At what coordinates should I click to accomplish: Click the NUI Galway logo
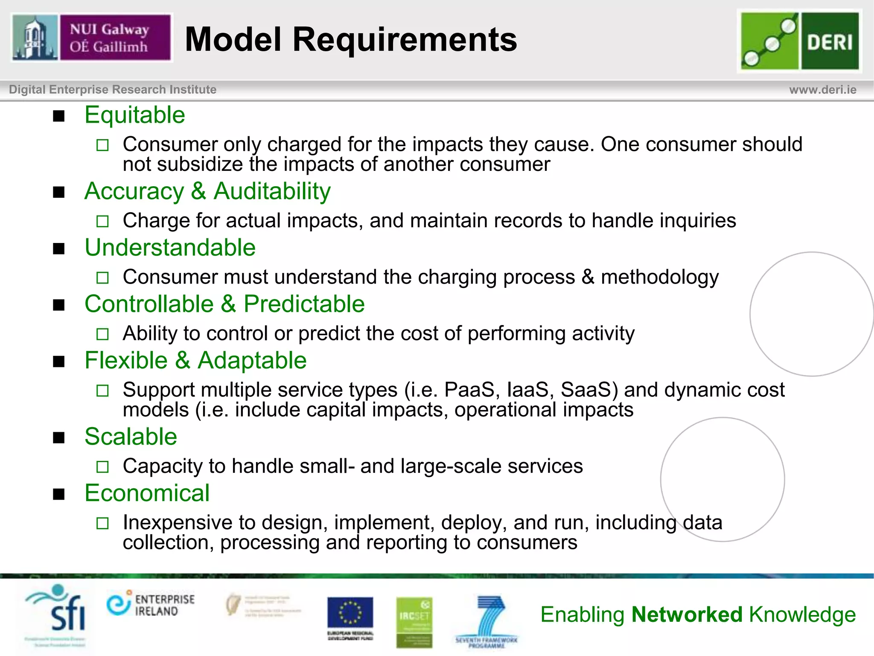tap(92, 38)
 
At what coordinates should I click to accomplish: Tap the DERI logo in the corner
tap(800, 41)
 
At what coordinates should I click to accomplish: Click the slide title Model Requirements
tap(351, 39)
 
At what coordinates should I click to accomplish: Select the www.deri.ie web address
tap(822, 90)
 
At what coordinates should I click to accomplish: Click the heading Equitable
tap(135, 115)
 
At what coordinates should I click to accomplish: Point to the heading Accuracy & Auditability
tap(207, 191)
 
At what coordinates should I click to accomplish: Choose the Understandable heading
tap(170, 248)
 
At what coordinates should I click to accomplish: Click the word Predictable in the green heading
tap(304, 304)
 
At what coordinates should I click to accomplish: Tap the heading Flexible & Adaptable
tap(195, 360)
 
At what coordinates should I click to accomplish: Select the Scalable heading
tap(131, 436)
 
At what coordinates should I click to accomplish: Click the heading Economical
tap(147, 493)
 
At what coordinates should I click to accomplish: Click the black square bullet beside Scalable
tap(59, 438)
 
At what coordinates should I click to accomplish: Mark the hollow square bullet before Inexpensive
tap(102, 523)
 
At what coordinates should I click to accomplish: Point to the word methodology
tap(660, 278)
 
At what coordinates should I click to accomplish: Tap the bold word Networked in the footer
tap(687, 615)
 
